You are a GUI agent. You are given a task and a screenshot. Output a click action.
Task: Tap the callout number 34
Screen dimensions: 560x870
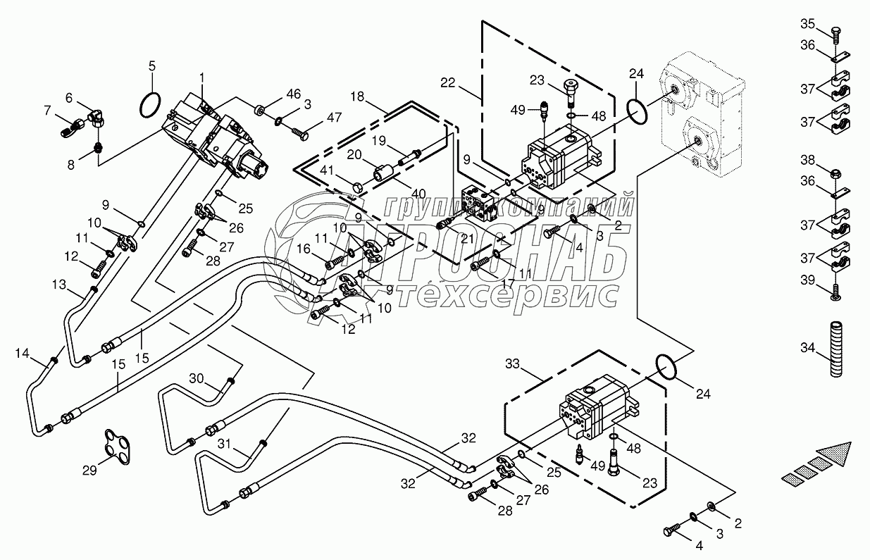(807, 347)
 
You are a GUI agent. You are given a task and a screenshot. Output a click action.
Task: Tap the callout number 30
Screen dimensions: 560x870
(195, 378)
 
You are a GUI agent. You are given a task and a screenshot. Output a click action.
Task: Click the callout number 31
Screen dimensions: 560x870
(224, 444)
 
